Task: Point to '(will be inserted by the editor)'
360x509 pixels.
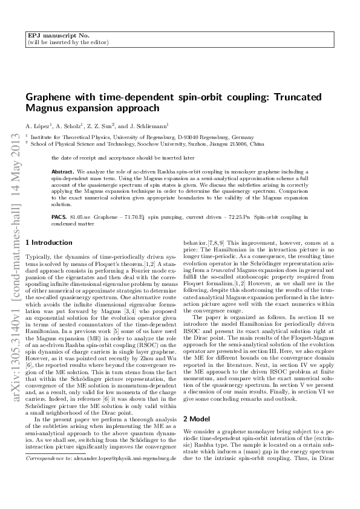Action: point(68,43)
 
